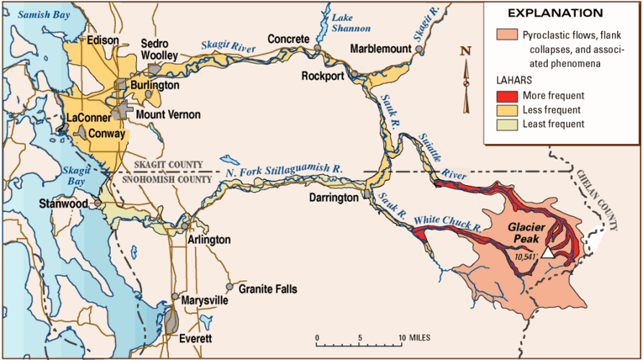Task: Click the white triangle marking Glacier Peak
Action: [549, 252]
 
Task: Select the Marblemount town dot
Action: [419, 49]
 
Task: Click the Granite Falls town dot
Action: [230, 286]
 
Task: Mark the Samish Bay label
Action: [39, 14]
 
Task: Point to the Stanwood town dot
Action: [99, 204]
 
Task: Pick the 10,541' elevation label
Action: [526, 255]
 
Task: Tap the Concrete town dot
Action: [318, 48]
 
